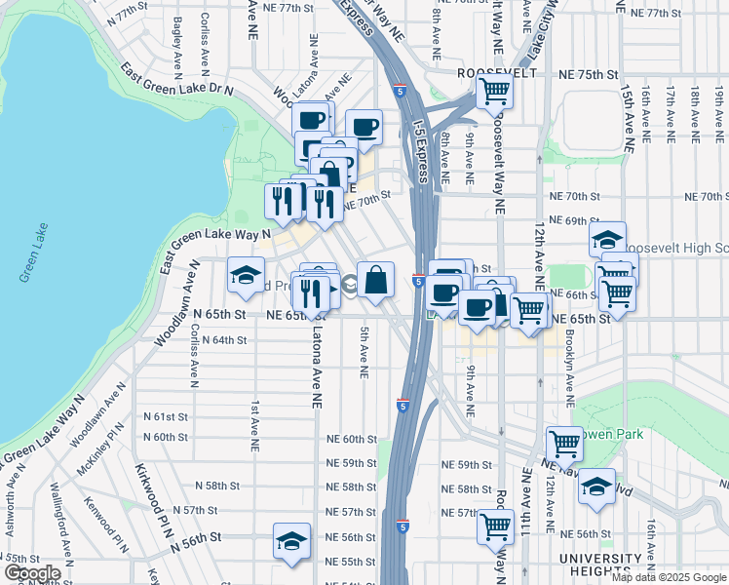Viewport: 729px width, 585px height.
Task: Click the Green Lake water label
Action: pyautogui.click(x=26, y=264)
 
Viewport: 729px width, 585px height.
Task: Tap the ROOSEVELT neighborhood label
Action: pyautogui.click(x=496, y=73)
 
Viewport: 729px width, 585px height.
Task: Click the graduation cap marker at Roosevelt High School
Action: pyautogui.click(x=607, y=239)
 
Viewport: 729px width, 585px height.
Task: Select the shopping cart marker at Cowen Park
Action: pyautogui.click(x=564, y=445)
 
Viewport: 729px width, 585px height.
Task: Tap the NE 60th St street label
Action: pyautogui.click(x=351, y=440)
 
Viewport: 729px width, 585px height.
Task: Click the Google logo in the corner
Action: pyautogui.click(x=32, y=573)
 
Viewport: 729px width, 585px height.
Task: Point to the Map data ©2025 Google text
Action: pyautogui.click(x=669, y=577)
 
